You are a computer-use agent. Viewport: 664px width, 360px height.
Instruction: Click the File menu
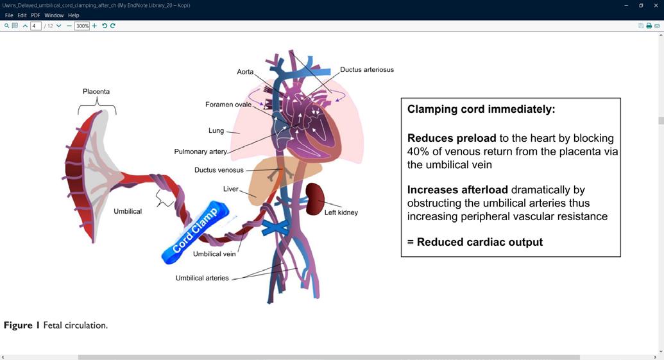click(x=9, y=15)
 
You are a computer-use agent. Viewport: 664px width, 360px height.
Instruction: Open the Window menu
click(x=54, y=15)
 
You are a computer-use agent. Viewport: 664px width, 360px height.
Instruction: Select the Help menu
click(x=74, y=15)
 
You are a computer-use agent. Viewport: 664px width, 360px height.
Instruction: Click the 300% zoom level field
click(x=81, y=26)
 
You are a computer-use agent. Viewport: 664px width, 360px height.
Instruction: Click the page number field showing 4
click(x=36, y=26)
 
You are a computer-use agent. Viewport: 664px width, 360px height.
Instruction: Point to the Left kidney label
click(x=341, y=212)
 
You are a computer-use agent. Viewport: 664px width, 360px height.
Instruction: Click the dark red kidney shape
click(x=314, y=198)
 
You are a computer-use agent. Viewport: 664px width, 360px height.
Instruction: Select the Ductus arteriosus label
click(x=366, y=69)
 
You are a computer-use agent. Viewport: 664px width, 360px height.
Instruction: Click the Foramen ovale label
click(x=228, y=105)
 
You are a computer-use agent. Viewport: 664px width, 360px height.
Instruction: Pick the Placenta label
click(x=96, y=92)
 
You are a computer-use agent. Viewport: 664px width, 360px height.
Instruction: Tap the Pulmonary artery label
click(x=200, y=152)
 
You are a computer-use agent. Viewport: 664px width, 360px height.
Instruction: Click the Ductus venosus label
click(x=219, y=170)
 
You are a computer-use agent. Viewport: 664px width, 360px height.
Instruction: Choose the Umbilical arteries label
click(x=202, y=278)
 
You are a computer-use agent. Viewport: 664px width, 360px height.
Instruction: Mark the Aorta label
click(x=245, y=72)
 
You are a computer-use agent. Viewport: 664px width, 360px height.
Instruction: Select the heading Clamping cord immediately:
click(x=481, y=109)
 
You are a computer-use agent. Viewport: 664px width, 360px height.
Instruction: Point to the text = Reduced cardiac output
click(x=475, y=242)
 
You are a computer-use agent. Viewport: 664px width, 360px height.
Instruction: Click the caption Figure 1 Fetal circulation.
click(x=56, y=325)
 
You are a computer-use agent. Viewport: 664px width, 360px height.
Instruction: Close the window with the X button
click(x=656, y=5)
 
